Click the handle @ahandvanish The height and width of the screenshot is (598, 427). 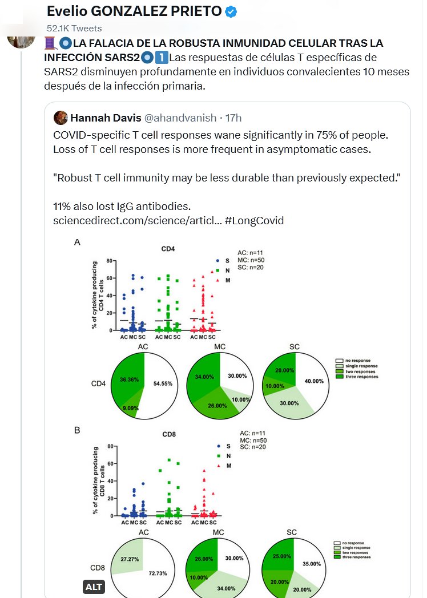[181, 118]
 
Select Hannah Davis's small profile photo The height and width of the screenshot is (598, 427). [61, 118]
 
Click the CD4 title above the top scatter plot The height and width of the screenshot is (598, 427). [168, 249]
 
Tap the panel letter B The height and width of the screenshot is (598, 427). [77, 430]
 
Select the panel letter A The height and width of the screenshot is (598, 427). [77, 243]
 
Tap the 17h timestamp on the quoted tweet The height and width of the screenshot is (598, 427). [233, 118]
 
